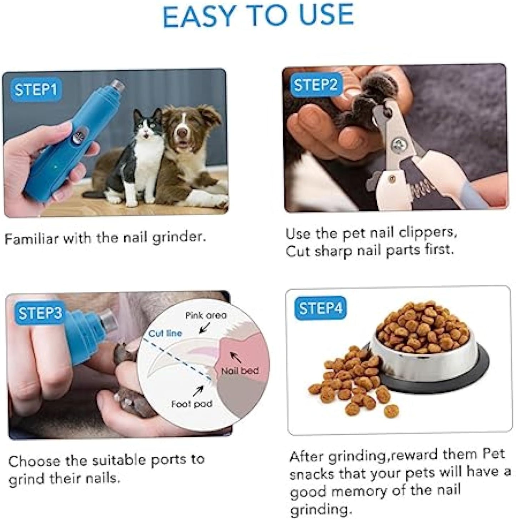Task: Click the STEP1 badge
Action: click(36, 90)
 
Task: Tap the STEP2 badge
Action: click(315, 85)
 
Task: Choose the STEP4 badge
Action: click(320, 308)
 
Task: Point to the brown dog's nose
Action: click(182, 133)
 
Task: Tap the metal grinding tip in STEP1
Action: click(117, 85)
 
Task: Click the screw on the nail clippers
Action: click(396, 145)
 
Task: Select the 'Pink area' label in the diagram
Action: click(206, 315)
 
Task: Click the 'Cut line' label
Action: click(165, 333)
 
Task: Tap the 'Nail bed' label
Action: click(240, 371)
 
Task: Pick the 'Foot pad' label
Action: click(192, 404)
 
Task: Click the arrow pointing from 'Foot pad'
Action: click(198, 391)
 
